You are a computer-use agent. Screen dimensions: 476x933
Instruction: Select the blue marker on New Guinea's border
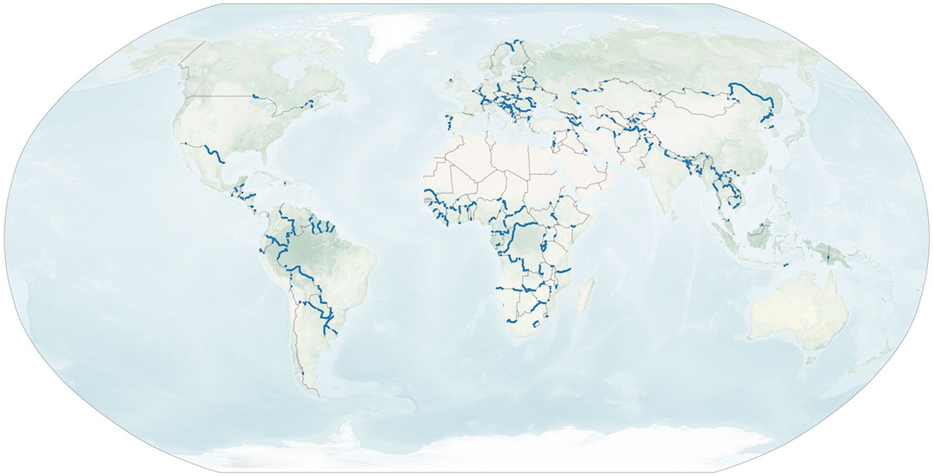pos(828,258)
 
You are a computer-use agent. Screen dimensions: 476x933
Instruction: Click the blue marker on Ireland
pos(451,80)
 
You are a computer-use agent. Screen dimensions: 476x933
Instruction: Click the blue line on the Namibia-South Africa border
pos(511,321)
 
